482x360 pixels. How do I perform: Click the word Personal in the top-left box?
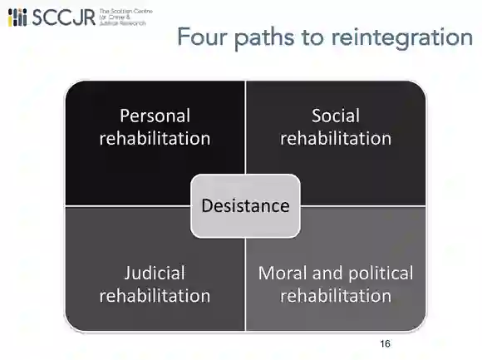(x=155, y=116)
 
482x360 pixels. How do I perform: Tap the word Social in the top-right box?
(x=336, y=116)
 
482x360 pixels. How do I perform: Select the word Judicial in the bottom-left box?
(x=155, y=273)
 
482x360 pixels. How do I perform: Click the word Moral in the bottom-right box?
(x=283, y=273)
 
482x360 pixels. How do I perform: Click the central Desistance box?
(x=245, y=205)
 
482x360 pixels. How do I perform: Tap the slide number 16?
(x=385, y=343)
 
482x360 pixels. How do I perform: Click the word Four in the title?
(x=202, y=37)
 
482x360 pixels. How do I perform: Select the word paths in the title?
(x=264, y=37)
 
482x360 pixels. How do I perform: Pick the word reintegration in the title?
(x=402, y=37)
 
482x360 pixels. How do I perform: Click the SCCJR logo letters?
(x=64, y=17)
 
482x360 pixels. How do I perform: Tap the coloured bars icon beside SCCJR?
(x=17, y=17)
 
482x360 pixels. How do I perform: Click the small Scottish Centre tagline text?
(x=125, y=17)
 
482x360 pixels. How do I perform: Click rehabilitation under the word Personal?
(x=155, y=138)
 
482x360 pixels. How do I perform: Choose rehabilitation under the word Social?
(x=336, y=138)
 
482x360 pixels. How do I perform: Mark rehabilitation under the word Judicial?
(x=155, y=296)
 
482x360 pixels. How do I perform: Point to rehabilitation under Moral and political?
(x=336, y=296)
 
